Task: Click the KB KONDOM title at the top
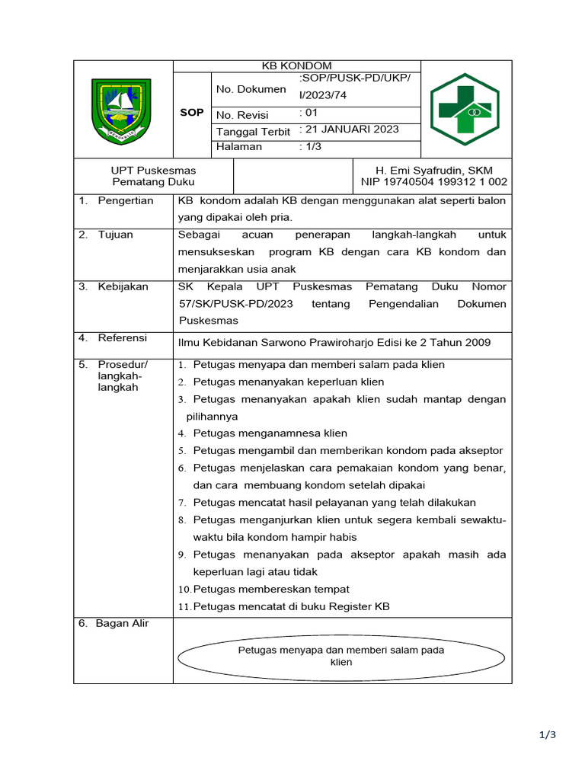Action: point(297,66)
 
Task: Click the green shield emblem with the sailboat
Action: point(121,112)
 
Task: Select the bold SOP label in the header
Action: point(191,112)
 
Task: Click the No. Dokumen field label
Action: point(251,89)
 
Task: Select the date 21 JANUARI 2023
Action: point(350,129)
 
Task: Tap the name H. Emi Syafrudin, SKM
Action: point(434,170)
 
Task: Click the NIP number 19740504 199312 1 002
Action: point(434,182)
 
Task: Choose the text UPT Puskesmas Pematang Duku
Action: point(153,176)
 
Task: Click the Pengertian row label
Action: point(126,200)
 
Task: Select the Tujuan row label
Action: point(115,235)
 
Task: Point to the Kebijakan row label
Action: point(123,286)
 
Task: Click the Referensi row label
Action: point(122,337)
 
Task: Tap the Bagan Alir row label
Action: point(122,623)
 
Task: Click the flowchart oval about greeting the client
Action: point(341,656)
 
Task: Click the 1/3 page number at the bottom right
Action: point(548,735)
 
